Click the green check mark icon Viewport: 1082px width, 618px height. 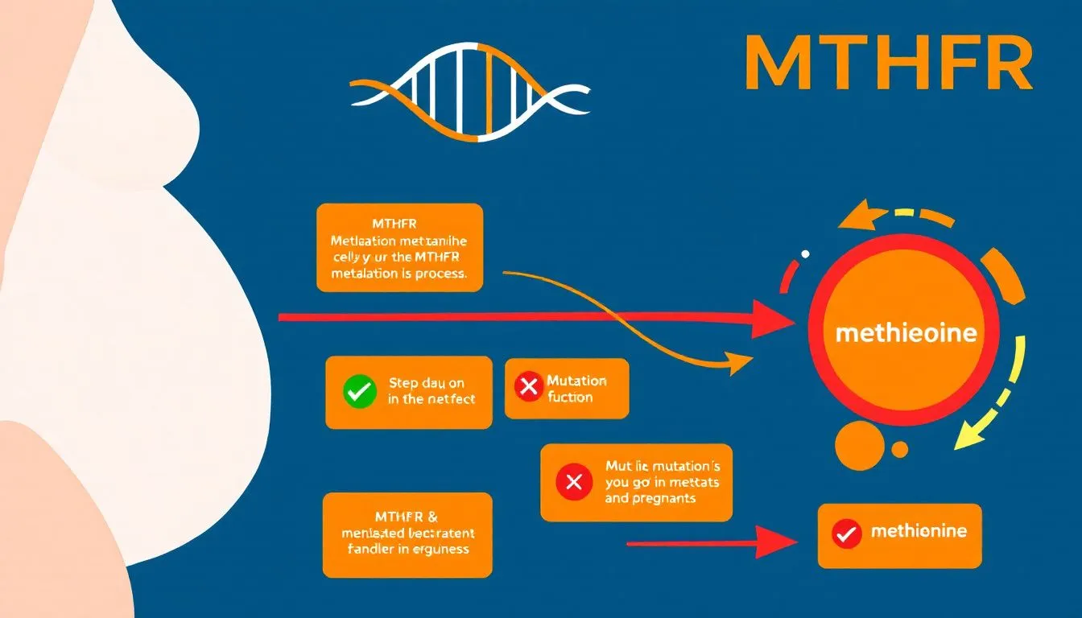[359, 392]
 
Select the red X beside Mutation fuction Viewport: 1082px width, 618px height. [528, 387]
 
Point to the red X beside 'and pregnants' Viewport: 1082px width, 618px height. [574, 483]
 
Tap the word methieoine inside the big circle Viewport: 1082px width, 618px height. [906, 333]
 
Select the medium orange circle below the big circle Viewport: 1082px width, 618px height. [859, 445]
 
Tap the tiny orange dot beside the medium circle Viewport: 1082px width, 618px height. [900, 449]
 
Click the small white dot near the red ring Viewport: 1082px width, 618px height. [805, 254]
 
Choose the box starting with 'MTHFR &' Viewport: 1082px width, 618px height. [407, 534]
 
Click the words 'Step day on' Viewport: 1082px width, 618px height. [426, 383]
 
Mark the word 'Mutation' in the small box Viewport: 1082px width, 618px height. [576, 381]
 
